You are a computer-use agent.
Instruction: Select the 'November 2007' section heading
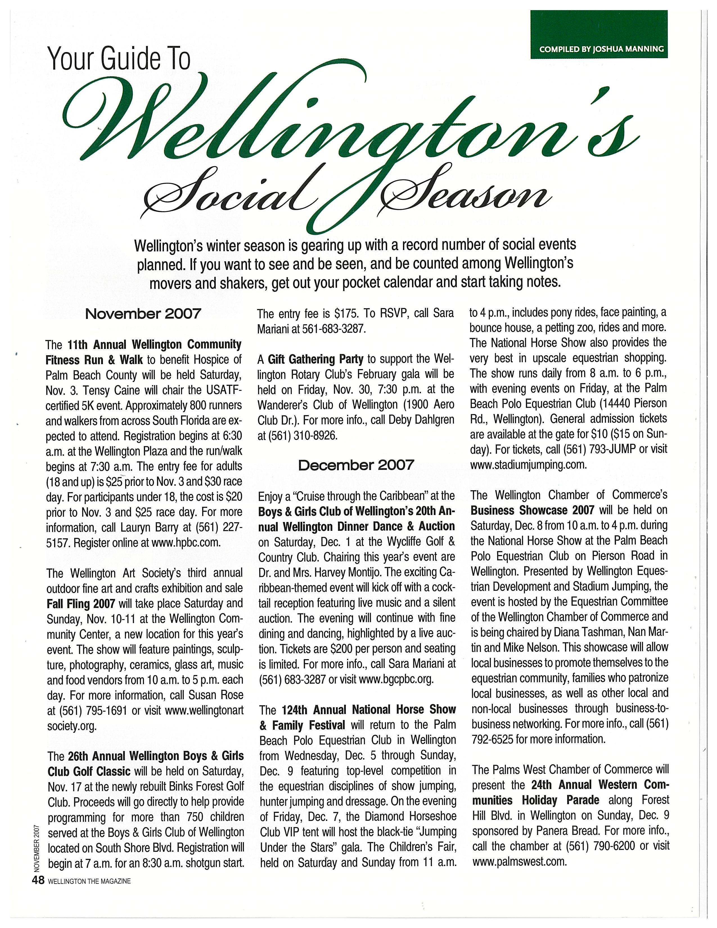(x=143, y=314)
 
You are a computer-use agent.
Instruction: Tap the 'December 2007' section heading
(x=356, y=465)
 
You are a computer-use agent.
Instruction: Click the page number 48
(x=38, y=880)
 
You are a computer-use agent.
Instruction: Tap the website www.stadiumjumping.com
(x=528, y=465)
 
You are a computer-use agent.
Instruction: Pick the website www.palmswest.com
(x=520, y=861)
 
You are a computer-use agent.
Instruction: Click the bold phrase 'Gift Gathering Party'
(x=315, y=359)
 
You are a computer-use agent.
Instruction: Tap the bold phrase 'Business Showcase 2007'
(x=532, y=510)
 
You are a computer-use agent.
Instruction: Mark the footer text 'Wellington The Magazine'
(x=89, y=881)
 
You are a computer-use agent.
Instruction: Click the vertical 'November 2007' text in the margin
(x=37, y=846)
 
